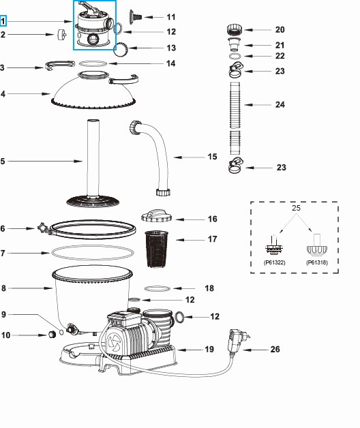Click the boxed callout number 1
point(4,22)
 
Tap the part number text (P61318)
point(316,260)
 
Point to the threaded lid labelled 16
point(159,217)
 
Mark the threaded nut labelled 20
point(234,30)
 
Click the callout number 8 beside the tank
point(4,288)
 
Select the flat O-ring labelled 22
point(234,57)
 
